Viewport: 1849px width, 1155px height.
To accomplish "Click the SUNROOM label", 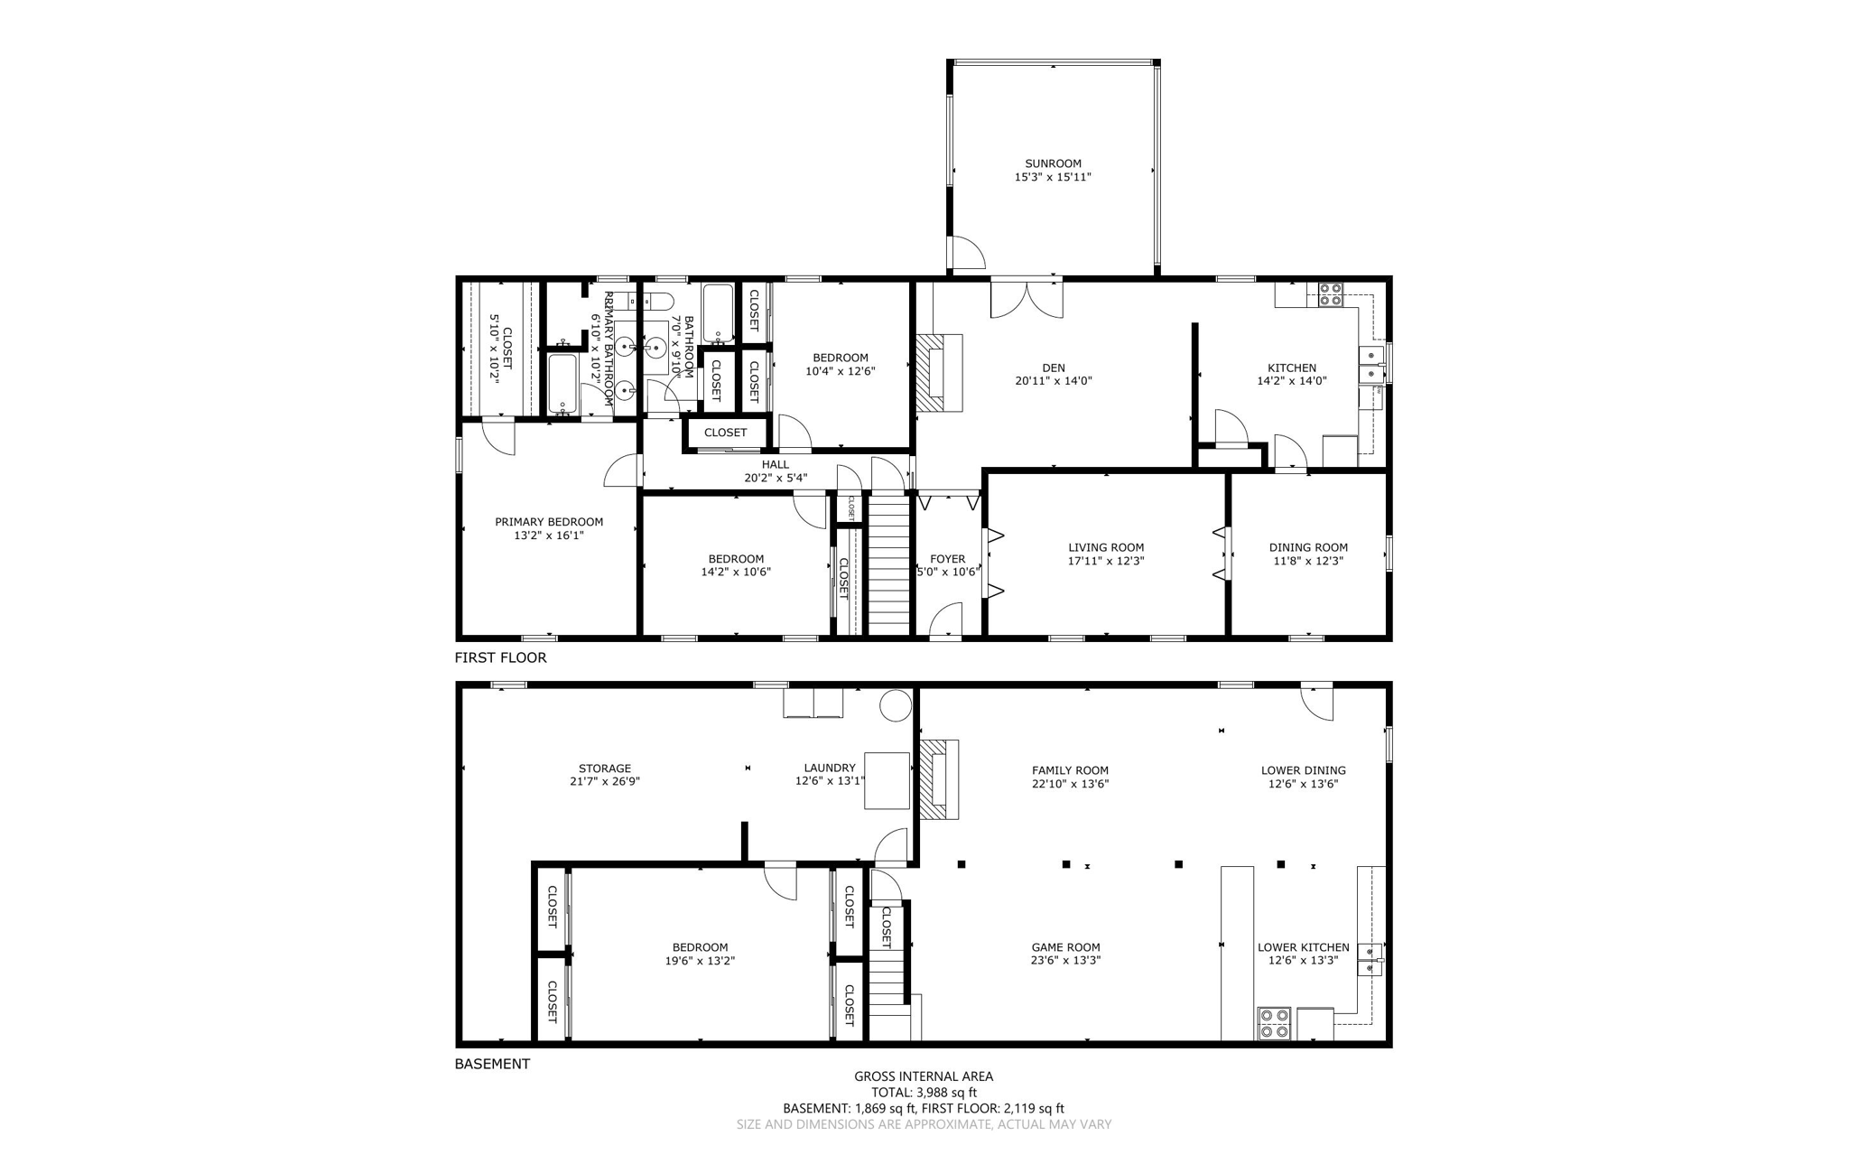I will click(1053, 164).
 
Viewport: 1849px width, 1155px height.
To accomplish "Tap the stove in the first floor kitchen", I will click(1330, 294).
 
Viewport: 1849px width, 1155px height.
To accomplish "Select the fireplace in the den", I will click(939, 373).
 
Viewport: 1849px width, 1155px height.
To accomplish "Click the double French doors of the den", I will click(1027, 299).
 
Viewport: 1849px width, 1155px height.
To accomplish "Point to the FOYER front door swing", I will click(945, 621).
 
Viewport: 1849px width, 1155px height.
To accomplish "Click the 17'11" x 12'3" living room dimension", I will click(1106, 561).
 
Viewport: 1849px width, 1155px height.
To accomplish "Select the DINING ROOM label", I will click(1308, 547).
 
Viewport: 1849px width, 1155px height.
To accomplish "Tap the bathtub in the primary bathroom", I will click(562, 384).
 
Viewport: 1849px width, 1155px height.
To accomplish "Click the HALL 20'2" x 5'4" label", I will click(775, 471).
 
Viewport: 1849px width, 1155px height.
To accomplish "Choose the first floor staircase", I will click(888, 564).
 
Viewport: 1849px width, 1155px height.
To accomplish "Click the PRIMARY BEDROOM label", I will click(549, 522).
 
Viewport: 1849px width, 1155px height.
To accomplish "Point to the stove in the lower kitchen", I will click(1275, 1023).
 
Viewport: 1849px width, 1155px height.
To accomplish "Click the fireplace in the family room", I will click(939, 778).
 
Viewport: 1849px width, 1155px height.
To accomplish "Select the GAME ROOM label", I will click(1065, 947).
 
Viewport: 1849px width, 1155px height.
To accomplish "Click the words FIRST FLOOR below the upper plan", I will click(500, 657).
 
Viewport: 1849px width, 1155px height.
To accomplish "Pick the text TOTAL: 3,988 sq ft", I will click(924, 1092).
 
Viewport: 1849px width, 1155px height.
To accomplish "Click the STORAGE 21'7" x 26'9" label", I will click(605, 775).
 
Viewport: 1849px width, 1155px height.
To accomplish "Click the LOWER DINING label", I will click(1303, 770).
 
